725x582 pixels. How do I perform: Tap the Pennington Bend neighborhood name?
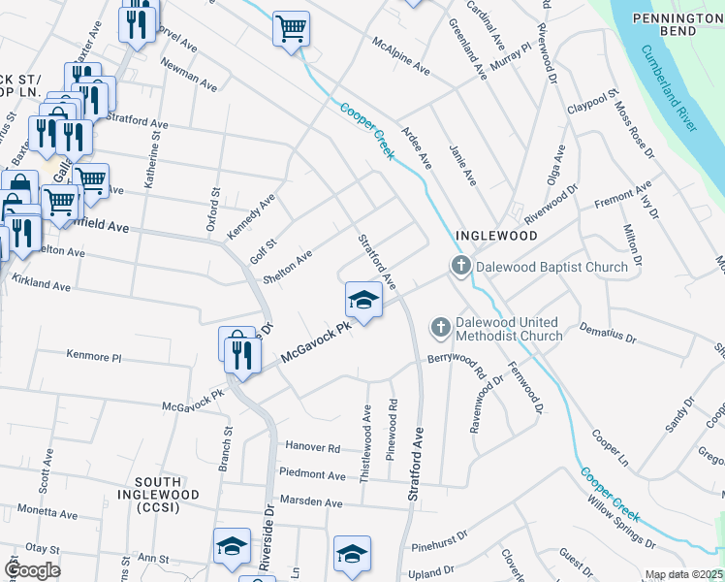(x=678, y=25)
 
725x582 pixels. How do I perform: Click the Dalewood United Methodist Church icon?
(x=440, y=328)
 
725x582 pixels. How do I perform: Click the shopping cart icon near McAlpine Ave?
(x=291, y=30)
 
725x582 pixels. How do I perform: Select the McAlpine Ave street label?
(x=402, y=55)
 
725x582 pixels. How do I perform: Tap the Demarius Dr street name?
(x=607, y=335)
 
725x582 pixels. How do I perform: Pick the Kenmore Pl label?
(x=94, y=356)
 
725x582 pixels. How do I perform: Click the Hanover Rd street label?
(x=313, y=448)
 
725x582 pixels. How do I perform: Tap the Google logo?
(x=32, y=570)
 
